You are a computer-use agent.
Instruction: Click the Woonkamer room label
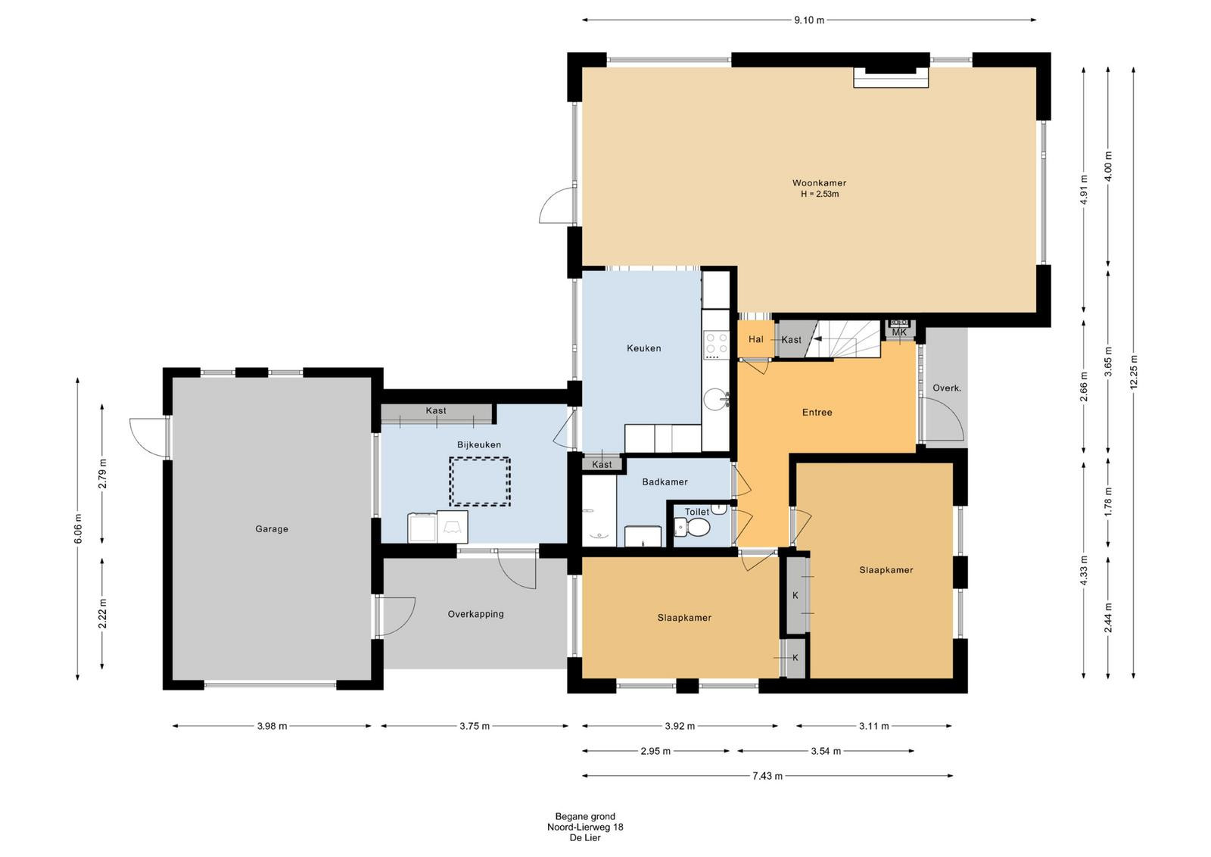(x=819, y=183)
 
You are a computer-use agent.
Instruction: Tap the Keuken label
(x=644, y=348)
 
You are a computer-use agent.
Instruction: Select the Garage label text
(x=272, y=528)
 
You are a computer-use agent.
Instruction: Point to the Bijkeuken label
(x=479, y=445)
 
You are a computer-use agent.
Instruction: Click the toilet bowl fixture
(x=692, y=527)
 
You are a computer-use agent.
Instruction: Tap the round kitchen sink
(x=716, y=399)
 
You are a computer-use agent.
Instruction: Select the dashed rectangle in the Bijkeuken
(x=480, y=481)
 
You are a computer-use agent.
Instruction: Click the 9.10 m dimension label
(x=809, y=20)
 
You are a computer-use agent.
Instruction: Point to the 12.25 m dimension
(x=1134, y=372)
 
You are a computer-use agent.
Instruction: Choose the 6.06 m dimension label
(x=78, y=528)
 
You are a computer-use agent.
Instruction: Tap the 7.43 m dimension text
(x=767, y=776)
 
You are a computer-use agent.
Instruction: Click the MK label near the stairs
(x=899, y=332)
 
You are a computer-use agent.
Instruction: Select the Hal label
(x=756, y=339)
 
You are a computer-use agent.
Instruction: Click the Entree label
(x=817, y=413)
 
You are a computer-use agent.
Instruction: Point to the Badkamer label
(x=665, y=481)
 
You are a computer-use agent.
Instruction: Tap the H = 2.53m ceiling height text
(x=820, y=194)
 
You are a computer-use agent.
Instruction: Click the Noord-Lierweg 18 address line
(x=585, y=827)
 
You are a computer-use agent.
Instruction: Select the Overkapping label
(x=476, y=614)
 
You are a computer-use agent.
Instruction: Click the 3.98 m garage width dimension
(x=272, y=726)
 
